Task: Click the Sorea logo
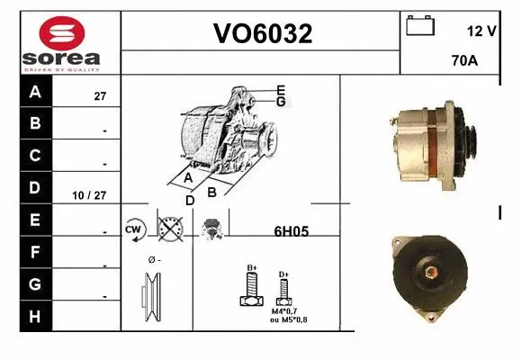(x=60, y=42)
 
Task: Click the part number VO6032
(x=262, y=34)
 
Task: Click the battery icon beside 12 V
(x=419, y=25)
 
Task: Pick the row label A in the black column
(x=35, y=92)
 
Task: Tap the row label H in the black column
(x=35, y=316)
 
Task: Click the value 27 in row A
(x=101, y=94)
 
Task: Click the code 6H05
(x=290, y=231)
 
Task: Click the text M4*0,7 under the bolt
(x=284, y=311)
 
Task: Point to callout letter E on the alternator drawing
(x=281, y=89)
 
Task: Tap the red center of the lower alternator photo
(x=428, y=272)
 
